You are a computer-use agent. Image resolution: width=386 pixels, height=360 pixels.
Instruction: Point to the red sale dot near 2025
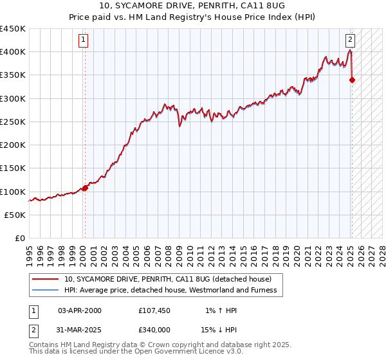352,80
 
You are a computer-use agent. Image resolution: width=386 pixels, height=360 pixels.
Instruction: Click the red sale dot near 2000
85,188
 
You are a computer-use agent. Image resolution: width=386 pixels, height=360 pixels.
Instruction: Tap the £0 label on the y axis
19,239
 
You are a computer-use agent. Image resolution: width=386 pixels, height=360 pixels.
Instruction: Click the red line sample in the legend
46,279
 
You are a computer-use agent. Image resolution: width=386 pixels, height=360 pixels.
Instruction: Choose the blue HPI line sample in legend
46,290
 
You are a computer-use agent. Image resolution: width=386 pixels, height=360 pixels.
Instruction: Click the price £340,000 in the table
154,329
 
